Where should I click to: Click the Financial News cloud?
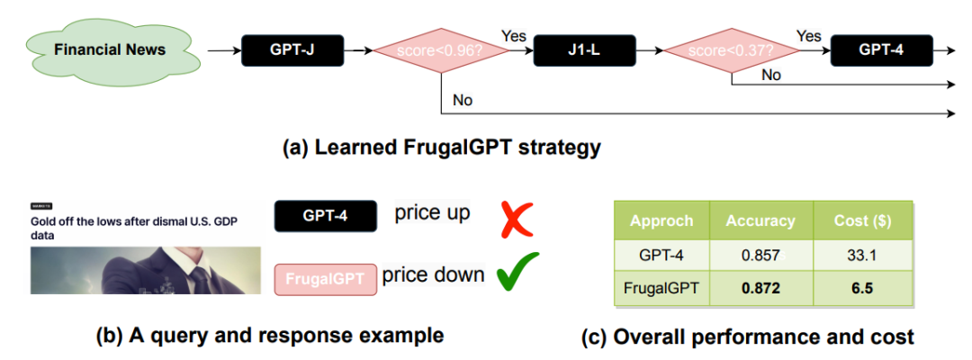(109, 50)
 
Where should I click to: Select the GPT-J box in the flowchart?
(292, 51)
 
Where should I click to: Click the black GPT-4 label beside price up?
(325, 217)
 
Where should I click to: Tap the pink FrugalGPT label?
(325, 279)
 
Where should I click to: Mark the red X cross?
(517, 219)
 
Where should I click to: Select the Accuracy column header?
(760, 220)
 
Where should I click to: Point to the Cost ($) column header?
(862, 220)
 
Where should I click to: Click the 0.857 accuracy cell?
(760, 255)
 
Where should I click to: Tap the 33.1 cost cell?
(862, 255)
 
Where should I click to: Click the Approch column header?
(661, 220)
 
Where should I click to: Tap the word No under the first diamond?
(463, 100)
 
